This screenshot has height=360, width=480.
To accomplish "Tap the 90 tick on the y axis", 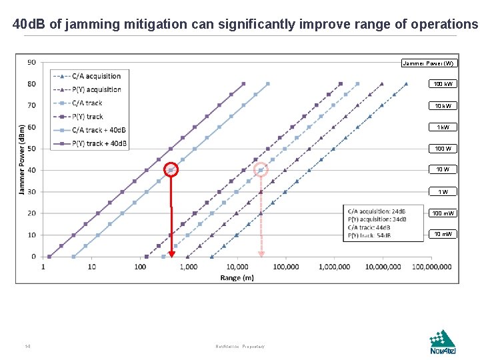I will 31,62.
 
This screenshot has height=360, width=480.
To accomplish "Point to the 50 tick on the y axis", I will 31,149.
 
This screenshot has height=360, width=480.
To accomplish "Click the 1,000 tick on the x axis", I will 188,267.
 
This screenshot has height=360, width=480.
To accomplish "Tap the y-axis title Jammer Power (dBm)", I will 21,159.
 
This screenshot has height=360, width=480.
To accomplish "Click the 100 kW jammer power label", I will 443,84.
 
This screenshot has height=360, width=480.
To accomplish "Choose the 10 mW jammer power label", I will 443,234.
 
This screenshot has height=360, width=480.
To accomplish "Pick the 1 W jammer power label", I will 443,191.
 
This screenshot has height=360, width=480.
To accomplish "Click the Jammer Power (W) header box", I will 429,63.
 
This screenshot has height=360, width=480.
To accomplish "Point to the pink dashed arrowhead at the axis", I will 261,253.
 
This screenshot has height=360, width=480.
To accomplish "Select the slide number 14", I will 27,346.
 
